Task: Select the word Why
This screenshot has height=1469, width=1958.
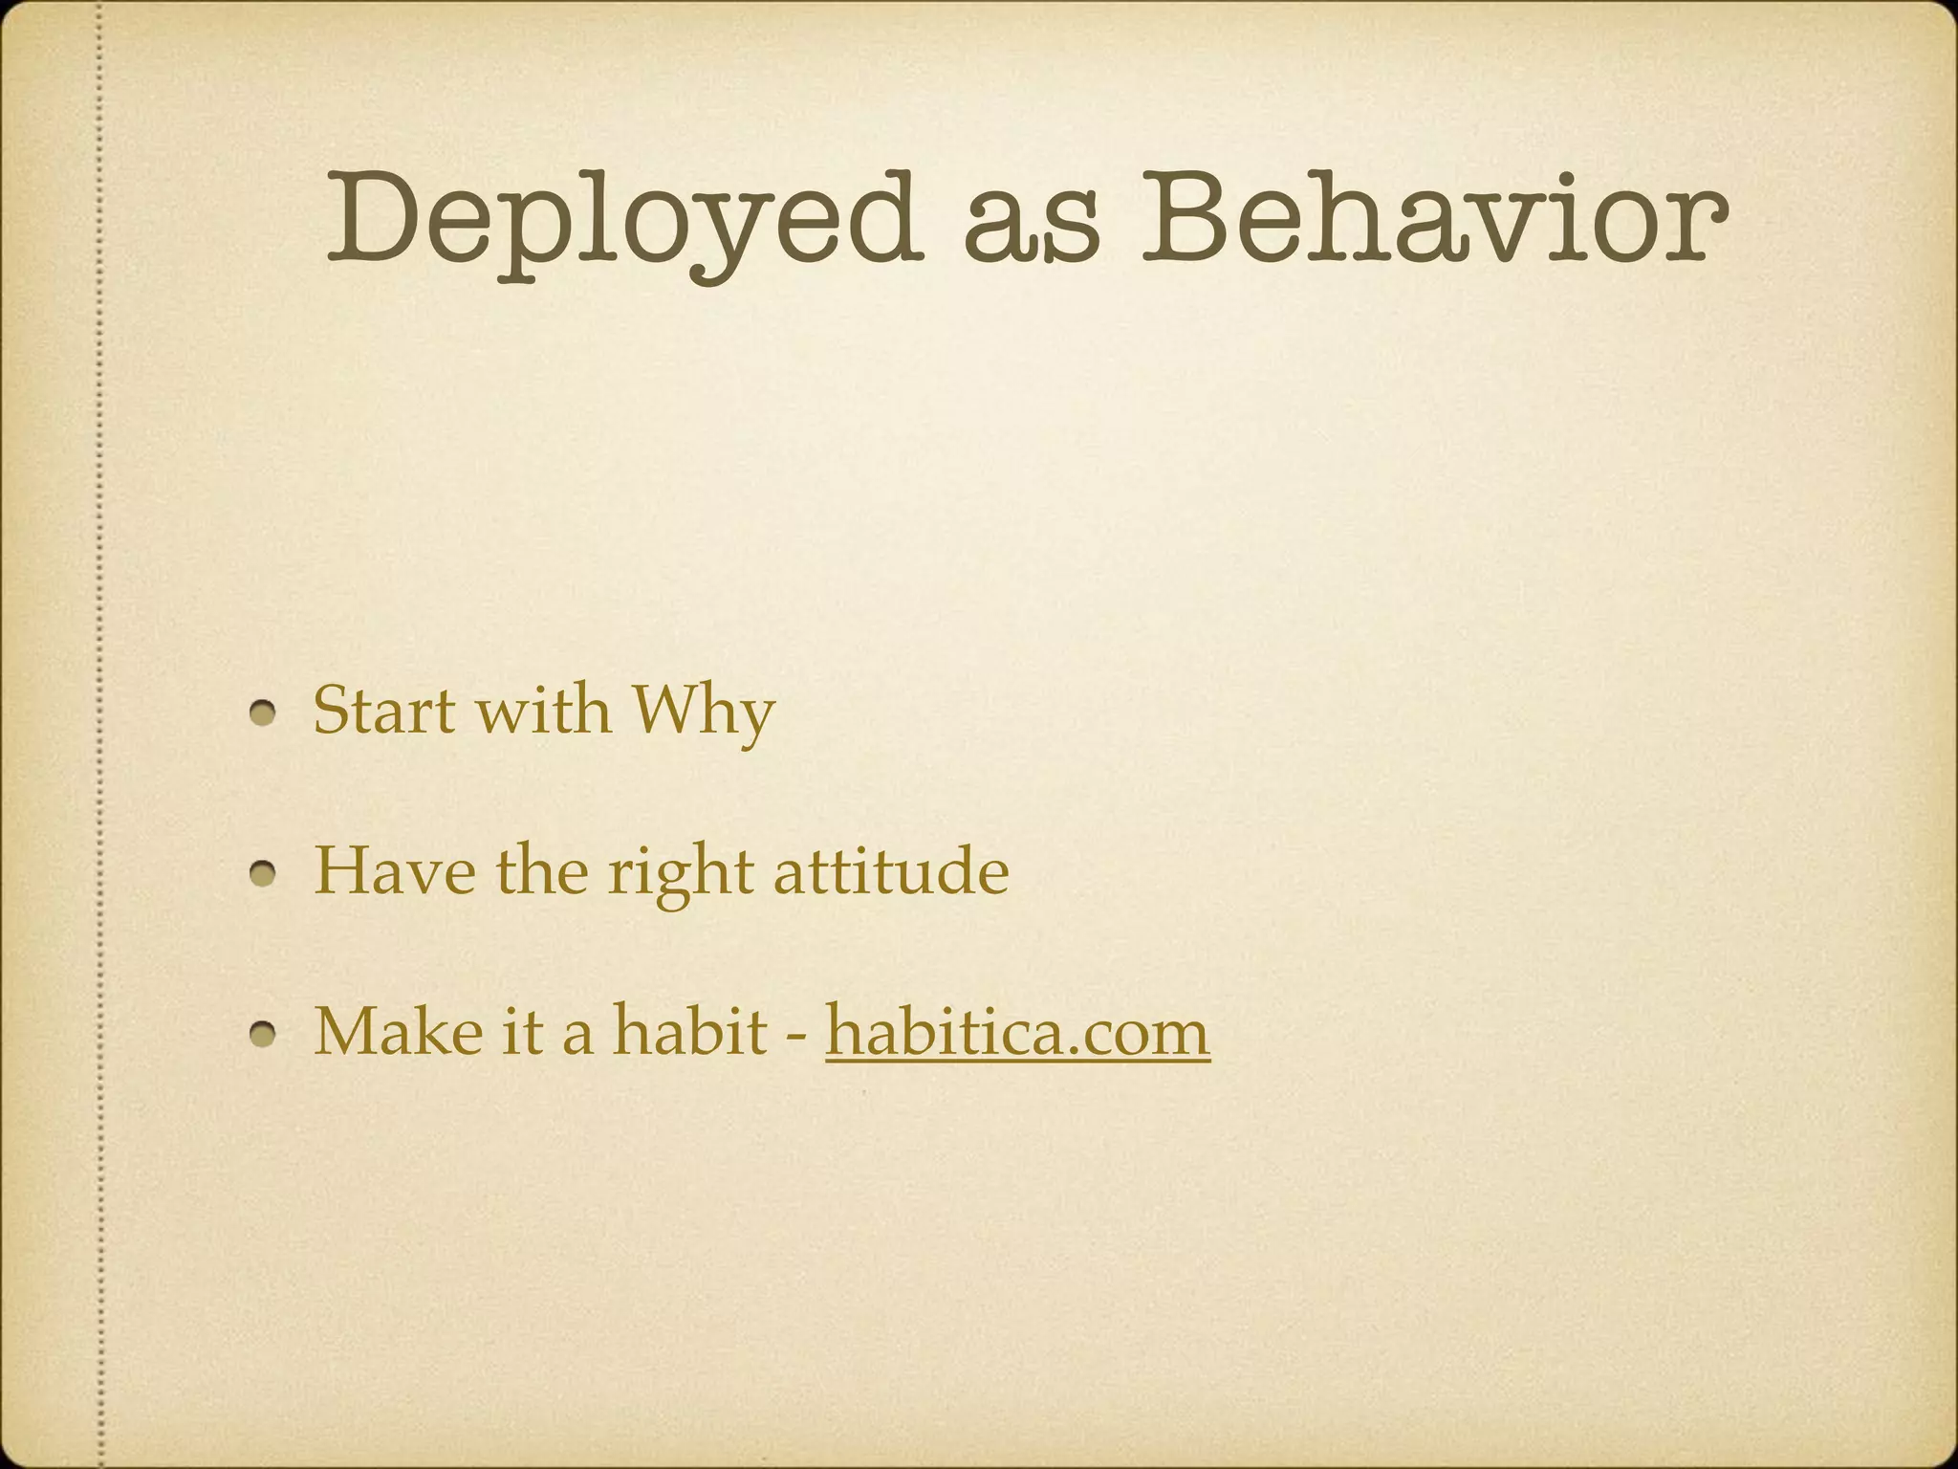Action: (702, 713)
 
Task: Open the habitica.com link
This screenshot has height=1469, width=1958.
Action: (1017, 1034)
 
